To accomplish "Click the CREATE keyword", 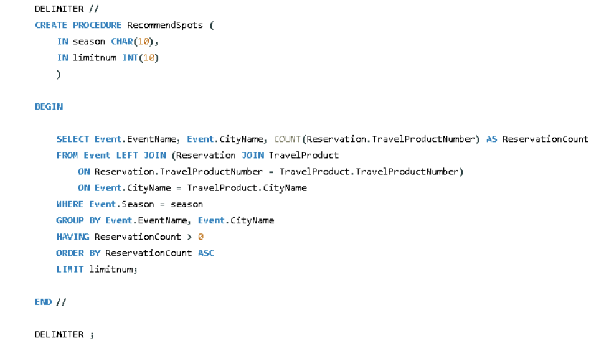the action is [51, 26].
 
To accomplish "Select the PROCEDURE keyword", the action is [97, 26].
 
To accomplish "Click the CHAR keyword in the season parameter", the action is [122, 42].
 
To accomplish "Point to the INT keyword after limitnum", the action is [130, 58].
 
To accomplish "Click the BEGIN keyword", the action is [49, 106].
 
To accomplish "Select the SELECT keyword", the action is [73, 139].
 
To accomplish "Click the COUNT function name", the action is [287, 139].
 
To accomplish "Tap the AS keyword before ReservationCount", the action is [491, 139].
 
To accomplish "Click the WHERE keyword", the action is [70, 204].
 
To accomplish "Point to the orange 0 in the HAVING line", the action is [201, 237].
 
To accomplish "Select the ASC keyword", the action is [206, 253].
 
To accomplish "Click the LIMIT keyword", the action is [70, 269].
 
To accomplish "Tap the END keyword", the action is [43, 302].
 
